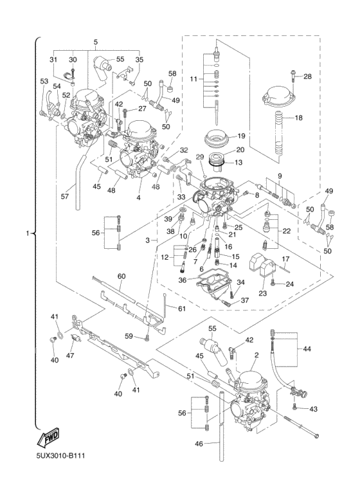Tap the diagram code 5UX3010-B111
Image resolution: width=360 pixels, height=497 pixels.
[x=60, y=456]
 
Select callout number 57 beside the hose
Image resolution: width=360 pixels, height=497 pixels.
[x=65, y=197]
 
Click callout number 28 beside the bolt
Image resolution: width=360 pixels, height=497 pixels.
[x=307, y=77]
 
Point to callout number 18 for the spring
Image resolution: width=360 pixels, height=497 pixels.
[x=298, y=118]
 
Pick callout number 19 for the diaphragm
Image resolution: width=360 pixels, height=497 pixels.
[x=241, y=136]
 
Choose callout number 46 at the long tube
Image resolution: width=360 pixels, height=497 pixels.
[x=199, y=444]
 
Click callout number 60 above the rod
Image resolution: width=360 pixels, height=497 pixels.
[x=122, y=276]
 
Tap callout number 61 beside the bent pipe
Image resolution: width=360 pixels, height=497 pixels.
[x=181, y=309]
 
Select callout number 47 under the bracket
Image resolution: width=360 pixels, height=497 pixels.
[x=70, y=356]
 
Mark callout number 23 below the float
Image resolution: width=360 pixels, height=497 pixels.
[x=263, y=293]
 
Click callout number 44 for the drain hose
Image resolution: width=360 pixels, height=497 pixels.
[x=307, y=349]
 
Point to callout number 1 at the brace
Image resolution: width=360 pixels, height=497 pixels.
[x=28, y=233]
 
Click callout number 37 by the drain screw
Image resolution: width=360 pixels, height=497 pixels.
[x=245, y=300]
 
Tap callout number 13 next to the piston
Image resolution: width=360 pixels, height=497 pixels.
[x=239, y=162]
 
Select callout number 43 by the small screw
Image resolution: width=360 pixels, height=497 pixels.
[x=313, y=409]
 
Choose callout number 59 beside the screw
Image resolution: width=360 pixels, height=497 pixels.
[x=129, y=336]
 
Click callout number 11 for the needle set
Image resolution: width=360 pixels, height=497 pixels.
[x=194, y=78]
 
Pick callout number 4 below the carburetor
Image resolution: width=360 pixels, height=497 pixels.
[x=138, y=197]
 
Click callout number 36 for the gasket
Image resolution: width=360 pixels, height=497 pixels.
[x=183, y=280]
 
